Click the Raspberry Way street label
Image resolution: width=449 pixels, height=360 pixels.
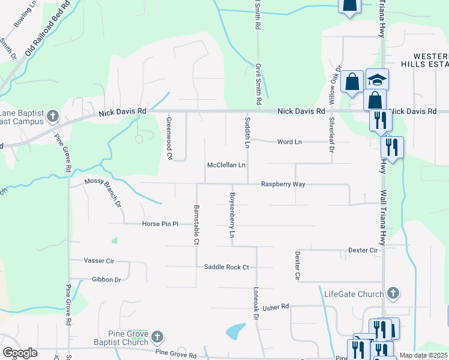tap(283, 185)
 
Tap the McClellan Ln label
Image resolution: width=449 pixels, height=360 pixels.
tap(226, 165)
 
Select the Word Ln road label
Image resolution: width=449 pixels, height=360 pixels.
tap(289, 142)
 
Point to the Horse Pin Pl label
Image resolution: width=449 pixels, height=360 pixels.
tap(160, 224)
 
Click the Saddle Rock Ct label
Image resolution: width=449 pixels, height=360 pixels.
tap(226, 267)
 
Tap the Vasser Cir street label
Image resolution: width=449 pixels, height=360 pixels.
tap(98, 262)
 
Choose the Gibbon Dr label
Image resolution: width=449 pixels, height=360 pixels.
tap(107, 280)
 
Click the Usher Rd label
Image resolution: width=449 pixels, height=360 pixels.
tap(276, 307)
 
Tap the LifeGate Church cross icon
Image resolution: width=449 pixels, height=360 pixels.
tap(393, 293)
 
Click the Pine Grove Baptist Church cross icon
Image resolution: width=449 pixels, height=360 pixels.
tap(157, 337)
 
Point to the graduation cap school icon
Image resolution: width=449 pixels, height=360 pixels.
tap(378, 79)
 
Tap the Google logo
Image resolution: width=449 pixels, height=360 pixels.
tap(20, 353)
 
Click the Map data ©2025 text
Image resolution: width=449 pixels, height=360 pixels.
tap(423, 356)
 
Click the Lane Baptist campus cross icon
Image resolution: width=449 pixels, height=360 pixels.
tap(53, 116)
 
